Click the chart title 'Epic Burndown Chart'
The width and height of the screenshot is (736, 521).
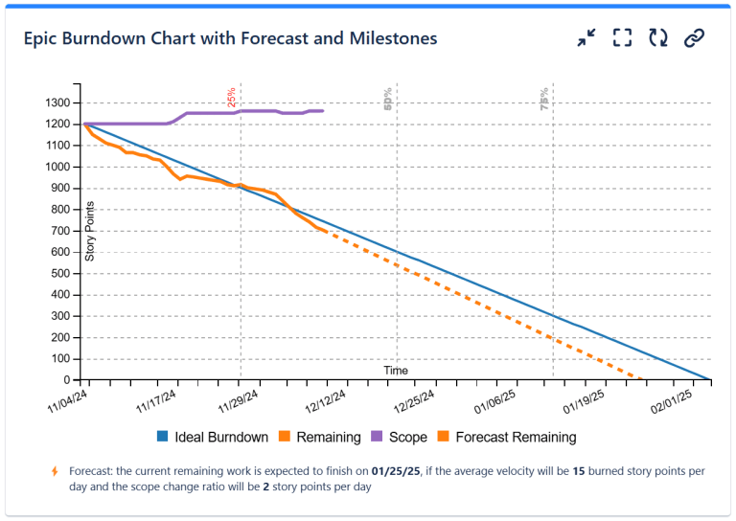click(230, 38)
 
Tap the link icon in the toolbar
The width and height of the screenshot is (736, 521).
click(695, 37)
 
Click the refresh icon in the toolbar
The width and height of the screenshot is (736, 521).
click(658, 37)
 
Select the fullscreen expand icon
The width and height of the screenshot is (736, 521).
click(623, 37)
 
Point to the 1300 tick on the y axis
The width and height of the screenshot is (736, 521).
click(57, 102)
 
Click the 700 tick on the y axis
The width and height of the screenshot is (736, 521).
click(60, 231)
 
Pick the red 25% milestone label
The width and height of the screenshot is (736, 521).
click(231, 98)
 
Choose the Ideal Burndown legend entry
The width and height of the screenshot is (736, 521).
click(212, 438)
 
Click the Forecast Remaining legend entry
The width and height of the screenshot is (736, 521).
click(507, 438)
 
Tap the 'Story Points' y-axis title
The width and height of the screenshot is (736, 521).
click(90, 231)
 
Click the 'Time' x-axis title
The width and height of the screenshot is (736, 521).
click(396, 371)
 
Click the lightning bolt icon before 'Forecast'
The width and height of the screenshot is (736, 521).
click(55, 471)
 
